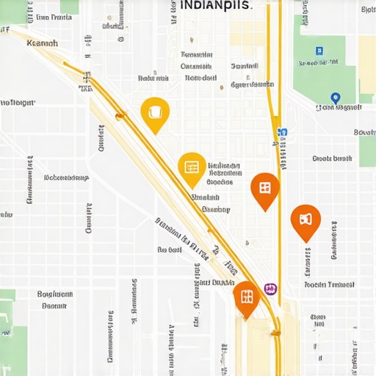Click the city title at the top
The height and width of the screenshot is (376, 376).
(x=215, y=4)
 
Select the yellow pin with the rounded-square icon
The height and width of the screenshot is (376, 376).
(x=155, y=113)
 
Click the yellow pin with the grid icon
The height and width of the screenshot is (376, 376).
(x=192, y=168)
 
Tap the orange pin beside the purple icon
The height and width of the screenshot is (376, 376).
(x=247, y=297)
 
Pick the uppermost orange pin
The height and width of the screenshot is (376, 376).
(x=265, y=188)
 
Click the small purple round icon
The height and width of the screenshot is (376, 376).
(x=270, y=289)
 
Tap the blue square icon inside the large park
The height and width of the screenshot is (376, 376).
(x=319, y=51)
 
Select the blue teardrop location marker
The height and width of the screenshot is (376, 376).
(x=336, y=98)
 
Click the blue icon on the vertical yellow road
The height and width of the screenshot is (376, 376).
(x=282, y=133)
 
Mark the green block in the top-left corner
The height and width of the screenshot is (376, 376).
(x=69, y=6)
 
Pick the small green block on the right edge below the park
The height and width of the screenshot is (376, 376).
(x=367, y=151)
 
